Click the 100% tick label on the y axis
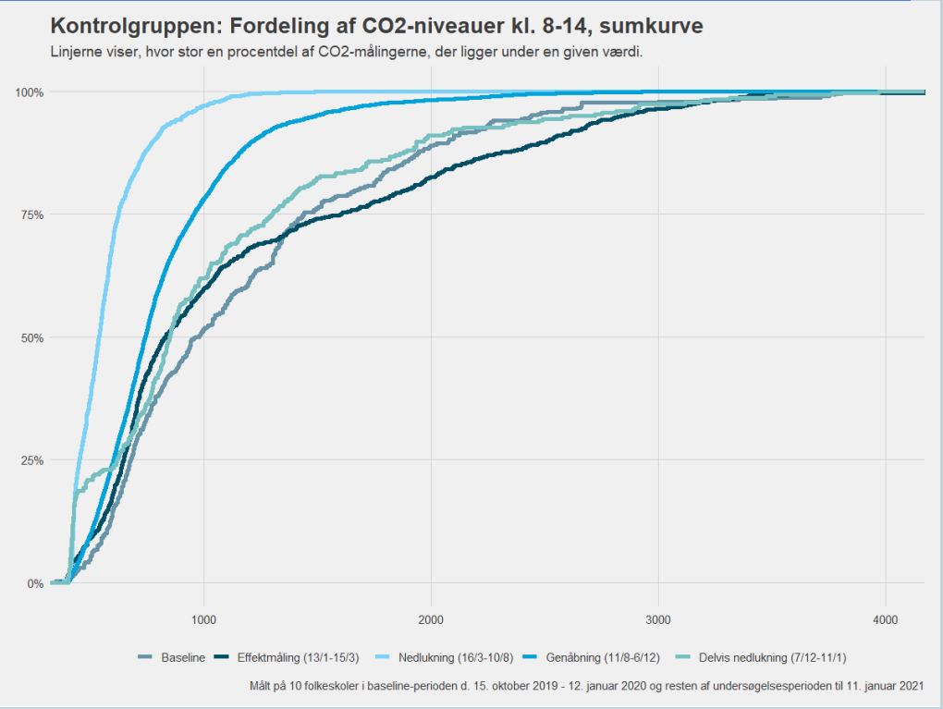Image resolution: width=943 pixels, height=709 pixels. pyautogui.click(x=29, y=92)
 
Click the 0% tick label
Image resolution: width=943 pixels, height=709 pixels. pyautogui.click(x=34, y=583)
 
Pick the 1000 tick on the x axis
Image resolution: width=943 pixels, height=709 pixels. pyautogui.click(x=203, y=617)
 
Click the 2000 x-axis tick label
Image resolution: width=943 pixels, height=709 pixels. pyautogui.click(x=431, y=617)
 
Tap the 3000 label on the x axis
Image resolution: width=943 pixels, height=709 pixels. pyautogui.click(x=658, y=617)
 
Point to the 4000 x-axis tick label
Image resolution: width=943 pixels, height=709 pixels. pyautogui.click(x=886, y=617)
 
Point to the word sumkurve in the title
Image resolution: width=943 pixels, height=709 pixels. pyautogui.click(x=655, y=27)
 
